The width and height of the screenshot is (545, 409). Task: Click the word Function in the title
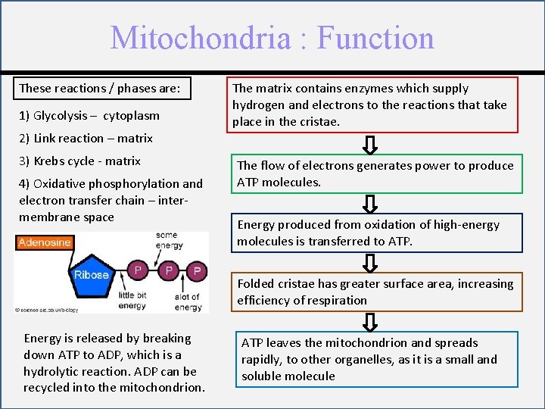tap(375, 38)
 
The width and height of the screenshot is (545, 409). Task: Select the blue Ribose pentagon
tap(92, 275)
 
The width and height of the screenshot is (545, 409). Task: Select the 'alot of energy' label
tap(186, 301)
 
